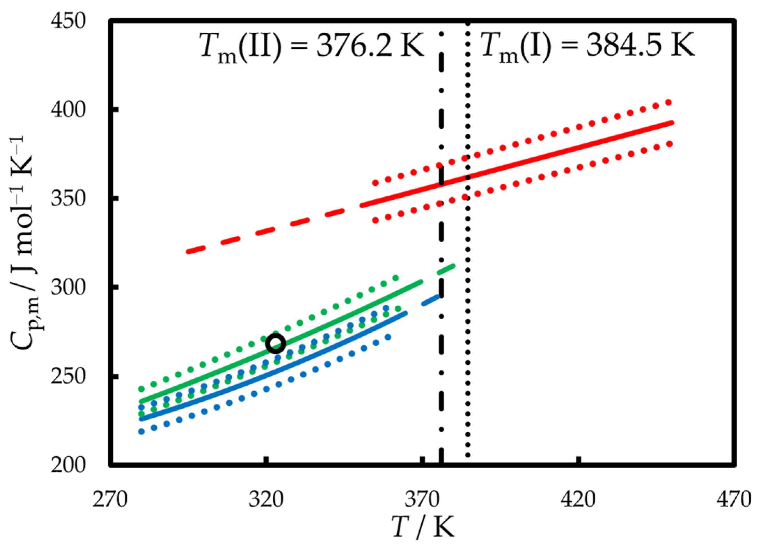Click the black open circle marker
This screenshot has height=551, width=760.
click(276, 344)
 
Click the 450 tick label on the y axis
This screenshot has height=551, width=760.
click(68, 21)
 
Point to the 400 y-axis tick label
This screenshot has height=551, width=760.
click(68, 110)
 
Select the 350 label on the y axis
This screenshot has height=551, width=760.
click(68, 198)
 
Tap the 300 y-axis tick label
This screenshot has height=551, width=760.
click(68, 288)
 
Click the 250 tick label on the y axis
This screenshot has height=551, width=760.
click(68, 376)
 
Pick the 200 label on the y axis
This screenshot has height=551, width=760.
click(68, 465)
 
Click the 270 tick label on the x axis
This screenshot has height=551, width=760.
click(110, 499)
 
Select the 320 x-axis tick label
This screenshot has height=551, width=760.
click(266, 499)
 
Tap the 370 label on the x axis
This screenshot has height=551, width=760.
click(422, 499)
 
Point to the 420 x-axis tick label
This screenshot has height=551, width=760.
click(578, 499)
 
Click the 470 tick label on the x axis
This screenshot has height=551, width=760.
click(734, 499)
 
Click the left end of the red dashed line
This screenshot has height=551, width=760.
click(188, 251)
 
